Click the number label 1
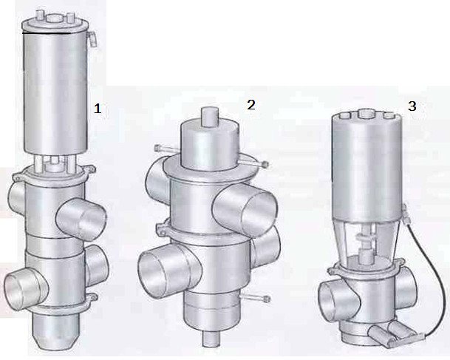click(96, 108)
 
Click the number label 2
click(251, 104)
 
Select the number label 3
click(412, 106)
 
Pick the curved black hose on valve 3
click(430, 270)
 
